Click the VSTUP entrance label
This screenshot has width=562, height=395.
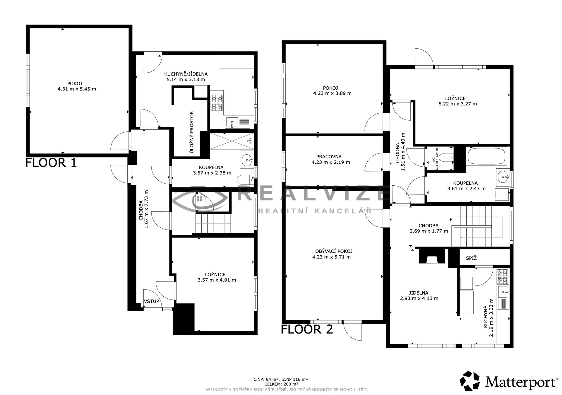(152, 301)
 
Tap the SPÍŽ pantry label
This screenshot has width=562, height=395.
(471, 258)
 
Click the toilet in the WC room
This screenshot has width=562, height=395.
(447, 158)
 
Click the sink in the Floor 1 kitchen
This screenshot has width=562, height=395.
(237, 122)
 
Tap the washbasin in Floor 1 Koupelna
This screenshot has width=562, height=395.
(247, 160)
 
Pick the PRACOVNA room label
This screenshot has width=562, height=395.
(329, 157)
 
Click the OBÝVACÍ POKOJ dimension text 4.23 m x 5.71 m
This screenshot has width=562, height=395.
(331, 257)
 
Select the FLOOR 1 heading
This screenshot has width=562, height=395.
(51, 163)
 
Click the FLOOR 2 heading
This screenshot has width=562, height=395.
(307, 329)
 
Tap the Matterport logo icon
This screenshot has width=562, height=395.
(470, 381)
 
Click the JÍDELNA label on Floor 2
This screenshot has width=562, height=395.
(419, 293)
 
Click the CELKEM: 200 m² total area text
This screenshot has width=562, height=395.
(281, 384)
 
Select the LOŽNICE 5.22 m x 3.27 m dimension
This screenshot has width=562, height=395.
(458, 104)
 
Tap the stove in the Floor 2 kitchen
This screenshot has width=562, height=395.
(503, 277)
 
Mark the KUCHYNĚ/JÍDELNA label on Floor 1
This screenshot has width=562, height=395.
(186, 74)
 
